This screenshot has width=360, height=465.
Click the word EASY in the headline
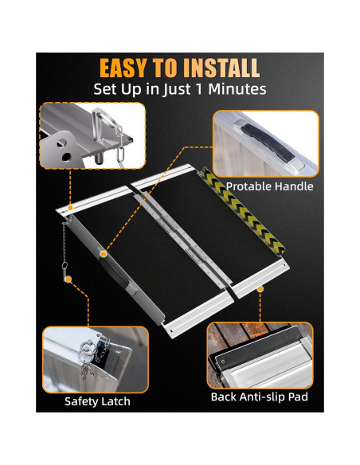(129, 68)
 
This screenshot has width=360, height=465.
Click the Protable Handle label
(269, 186)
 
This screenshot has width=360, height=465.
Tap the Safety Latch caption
(97, 401)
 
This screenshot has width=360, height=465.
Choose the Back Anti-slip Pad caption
(259, 397)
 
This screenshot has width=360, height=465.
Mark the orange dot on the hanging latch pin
(68, 279)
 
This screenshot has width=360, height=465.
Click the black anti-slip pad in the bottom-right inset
(255, 343)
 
